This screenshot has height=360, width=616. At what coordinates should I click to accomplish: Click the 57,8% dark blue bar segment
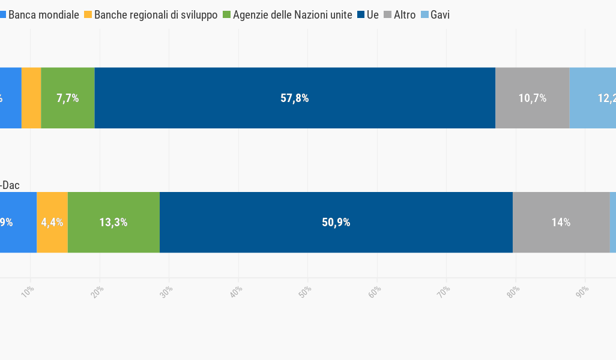pyautogui.click(x=295, y=98)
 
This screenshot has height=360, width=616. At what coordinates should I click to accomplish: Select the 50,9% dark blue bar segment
pyautogui.click(x=336, y=222)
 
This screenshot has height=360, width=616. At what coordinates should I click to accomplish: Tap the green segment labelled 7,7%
pyautogui.click(x=68, y=98)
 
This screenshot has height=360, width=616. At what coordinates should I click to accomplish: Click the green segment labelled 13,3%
pyautogui.click(x=113, y=222)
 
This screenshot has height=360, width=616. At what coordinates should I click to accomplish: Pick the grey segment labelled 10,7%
pyautogui.click(x=532, y=98)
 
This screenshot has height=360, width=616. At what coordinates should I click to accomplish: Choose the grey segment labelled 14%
pyautogui.click(x=561, y=222)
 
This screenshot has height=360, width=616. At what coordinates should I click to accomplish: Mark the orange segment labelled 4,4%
pyautogui.click(x=52, y=222)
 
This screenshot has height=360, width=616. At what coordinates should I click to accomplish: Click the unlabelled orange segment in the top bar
pyautogui.click(x=31, y=98)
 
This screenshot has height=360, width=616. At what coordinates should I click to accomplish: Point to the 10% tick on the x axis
pyautogui.click(x=28, y=291)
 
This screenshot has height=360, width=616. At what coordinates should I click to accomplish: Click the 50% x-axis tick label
pyautogui.click(x=306, y=291)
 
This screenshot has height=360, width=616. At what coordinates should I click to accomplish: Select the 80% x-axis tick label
pyautogui.click(x=513, y=291)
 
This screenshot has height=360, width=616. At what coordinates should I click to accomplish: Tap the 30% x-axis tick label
pyautogui.click(x=167, y=291)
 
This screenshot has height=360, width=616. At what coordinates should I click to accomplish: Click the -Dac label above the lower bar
pyautogui.click(x=10, y=185)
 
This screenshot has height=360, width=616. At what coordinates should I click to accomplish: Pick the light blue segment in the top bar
pyautogui.click(x=593, y=98)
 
